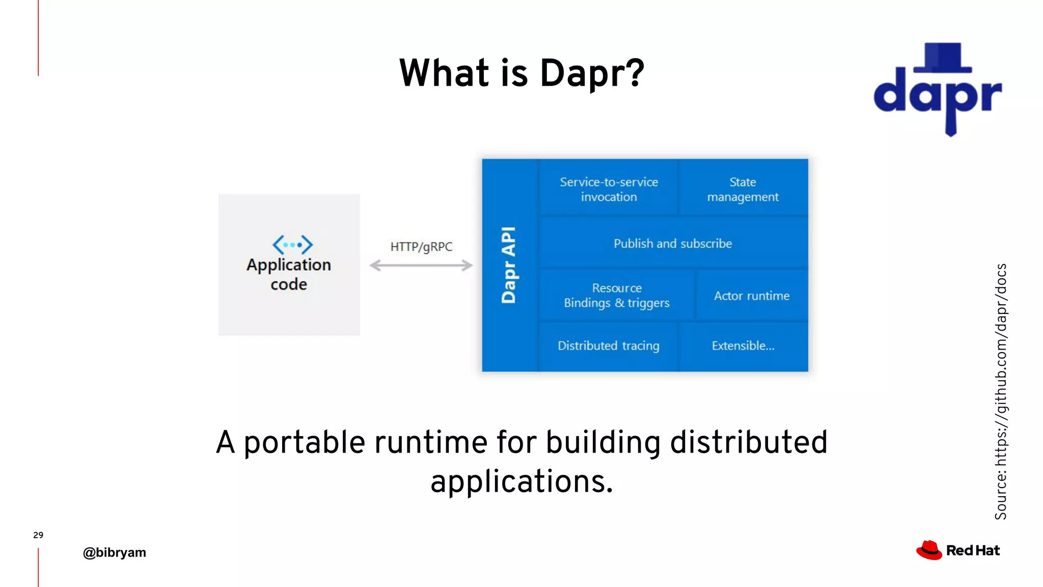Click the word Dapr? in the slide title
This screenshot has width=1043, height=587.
coord(592,74)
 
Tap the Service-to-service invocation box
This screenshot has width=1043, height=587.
coord(609,189)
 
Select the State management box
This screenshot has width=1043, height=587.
coord(743,189)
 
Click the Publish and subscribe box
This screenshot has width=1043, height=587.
coord(672,244)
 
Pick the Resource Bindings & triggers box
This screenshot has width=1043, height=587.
coord(616,296)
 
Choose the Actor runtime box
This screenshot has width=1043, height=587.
coord(751,296)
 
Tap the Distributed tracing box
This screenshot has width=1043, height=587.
coord(608,346)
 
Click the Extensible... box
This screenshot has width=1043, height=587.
coord(743,346)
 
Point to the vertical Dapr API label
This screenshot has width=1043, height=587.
coord(509,265)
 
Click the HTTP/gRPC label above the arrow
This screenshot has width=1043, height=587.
coord(421,247)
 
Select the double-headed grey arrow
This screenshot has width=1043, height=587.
coord(421,265)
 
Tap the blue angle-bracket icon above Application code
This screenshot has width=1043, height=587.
coord(292,245)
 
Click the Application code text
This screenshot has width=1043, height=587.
coord(289,274)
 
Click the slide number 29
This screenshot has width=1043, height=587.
coord(38,535)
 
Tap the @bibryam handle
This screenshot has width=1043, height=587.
coord(114,552)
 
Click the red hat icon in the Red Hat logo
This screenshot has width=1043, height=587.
coord(929,550)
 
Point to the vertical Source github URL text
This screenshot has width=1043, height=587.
coord(1001,391)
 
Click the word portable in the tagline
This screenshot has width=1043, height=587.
coord(304,442)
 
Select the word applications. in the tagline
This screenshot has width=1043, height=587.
coord(521,482)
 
